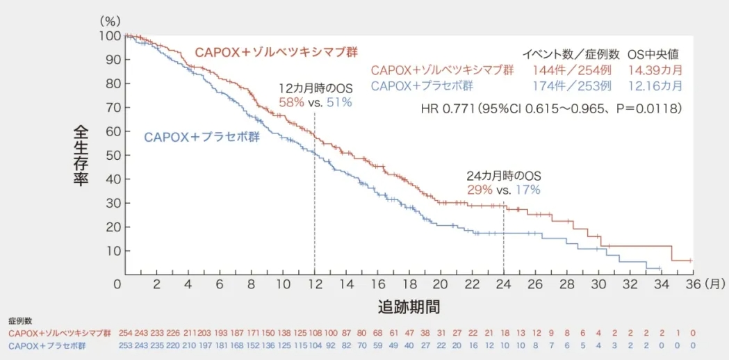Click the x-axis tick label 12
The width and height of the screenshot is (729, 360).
[314, 284]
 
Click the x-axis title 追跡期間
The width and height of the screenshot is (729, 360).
[409, 306]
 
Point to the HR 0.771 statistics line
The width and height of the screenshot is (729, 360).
[551, 109]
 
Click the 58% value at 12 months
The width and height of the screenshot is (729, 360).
[291, 102]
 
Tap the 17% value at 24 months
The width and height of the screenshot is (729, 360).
[526, 189]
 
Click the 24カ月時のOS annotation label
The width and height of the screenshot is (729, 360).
[503, 176]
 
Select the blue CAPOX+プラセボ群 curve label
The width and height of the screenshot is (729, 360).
[202, 137]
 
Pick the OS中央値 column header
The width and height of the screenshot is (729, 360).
[653, 54]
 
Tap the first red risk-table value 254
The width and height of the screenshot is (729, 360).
[125, 334]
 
